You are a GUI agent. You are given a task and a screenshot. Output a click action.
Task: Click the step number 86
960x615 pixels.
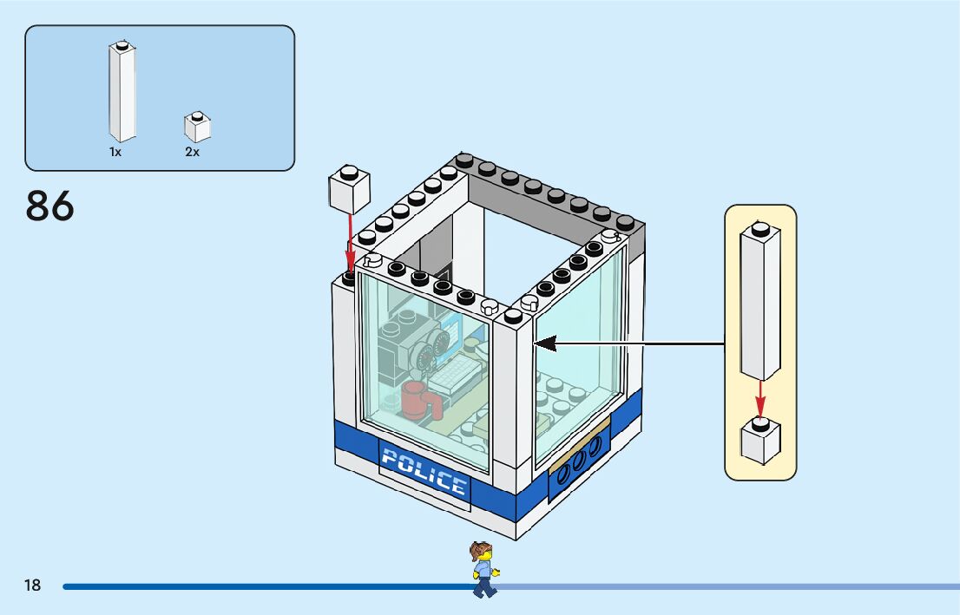50,206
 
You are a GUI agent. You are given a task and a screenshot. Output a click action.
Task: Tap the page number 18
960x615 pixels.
32,586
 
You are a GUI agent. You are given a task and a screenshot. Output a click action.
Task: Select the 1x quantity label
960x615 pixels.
115,152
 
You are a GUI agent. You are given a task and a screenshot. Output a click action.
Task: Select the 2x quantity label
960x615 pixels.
192,152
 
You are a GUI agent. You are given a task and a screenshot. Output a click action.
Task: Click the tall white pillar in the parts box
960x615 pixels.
122,92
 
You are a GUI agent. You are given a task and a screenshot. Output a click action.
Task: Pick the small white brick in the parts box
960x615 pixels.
198,128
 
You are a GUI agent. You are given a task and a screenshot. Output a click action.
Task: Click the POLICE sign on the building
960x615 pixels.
424,472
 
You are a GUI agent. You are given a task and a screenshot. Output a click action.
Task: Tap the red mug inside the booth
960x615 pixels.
415,401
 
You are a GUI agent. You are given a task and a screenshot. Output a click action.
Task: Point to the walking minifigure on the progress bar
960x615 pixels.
483,569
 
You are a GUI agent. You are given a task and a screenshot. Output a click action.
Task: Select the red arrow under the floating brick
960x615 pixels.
350,244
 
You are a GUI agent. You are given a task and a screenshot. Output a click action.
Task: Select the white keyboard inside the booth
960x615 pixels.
456,376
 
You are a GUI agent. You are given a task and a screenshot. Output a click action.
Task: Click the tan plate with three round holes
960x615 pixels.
578,454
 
